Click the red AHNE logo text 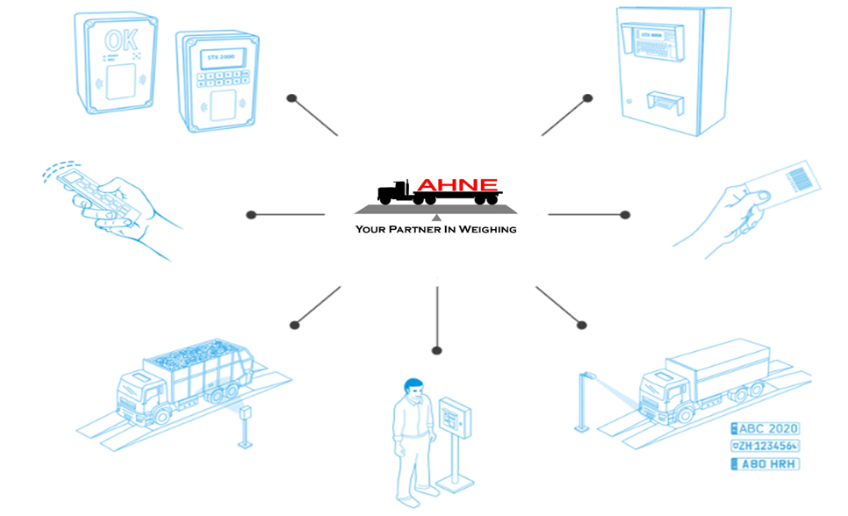click(x=456, y=185)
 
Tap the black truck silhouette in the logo click(x=399, y=193)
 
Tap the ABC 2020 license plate click(x=765, y=428)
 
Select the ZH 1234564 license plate click(x=765, y=446)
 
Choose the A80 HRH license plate click(x=765, y=463)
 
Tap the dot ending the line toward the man click(x=436, y=351)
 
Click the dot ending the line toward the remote click(x=251, y=214)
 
